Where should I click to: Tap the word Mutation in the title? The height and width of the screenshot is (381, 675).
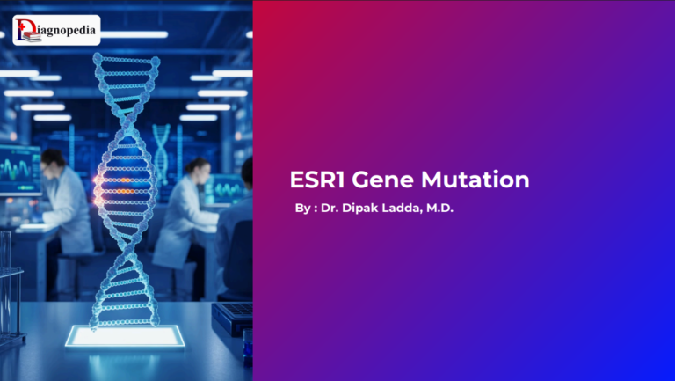click(x=477, y=180)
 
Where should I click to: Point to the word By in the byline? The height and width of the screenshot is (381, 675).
click(x=302, y=212)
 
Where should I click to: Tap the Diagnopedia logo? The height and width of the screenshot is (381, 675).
click(x=56, y=30)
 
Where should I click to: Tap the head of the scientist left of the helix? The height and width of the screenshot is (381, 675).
click(x=52, y=161)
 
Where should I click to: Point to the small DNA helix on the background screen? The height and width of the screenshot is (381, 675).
click(x=161, y=145)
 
